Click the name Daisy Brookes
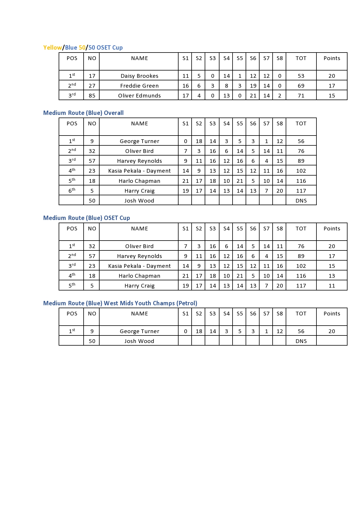click(x=139, y=76)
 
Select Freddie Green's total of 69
click(x=301, y=86)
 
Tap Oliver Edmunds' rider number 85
click(x=92, y=96)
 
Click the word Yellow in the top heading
click(x=53, y=48)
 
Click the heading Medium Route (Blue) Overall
click(x=83, y=113)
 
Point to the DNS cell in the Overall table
click(x=301, y=201)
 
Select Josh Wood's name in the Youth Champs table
click(x=139, y=341)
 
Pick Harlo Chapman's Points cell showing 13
click(x=332, y=276)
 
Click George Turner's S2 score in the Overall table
click(x=199, y=141)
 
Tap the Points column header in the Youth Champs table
click(x=332, y=314)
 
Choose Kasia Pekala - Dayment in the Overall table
click(x=139, y=171)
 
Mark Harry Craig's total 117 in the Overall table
click(x=301, y=191)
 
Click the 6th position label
click(x=72, y=191)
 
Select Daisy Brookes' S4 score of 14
click(x=226, y=76)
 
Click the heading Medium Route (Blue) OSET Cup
click(x=87, y=218)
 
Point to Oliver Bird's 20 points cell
click(x=332, y=246)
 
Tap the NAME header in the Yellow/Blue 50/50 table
click(x=139, y=58)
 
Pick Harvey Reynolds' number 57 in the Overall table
click(x=92, y=161)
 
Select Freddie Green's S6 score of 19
click(x=253, y=86)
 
